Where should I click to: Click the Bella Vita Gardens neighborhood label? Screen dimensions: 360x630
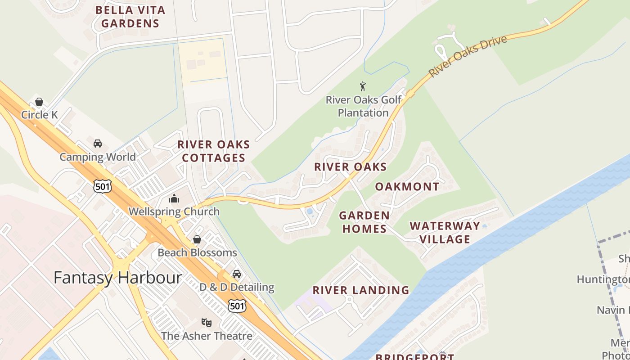click(x=130, y=17)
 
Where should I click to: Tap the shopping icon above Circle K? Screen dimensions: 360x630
click(x=39, y=102)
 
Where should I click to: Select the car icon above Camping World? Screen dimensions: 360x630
click(x=97, y=144)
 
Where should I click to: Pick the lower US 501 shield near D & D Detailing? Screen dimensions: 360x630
click(x=237, y=306)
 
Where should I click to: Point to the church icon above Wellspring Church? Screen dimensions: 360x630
click(x=174, y=198)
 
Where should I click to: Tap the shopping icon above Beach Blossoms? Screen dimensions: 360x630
click(x=197, y=239)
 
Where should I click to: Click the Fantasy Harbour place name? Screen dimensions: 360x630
click(x=117, y=277)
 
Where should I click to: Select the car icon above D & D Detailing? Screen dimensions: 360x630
click(x=237, y=274)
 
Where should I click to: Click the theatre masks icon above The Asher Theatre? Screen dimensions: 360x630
click(x=207, y=322)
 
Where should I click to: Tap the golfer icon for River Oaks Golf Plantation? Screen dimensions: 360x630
click(x=363, y=86)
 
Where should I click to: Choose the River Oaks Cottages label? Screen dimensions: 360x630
click(x=213, y=151)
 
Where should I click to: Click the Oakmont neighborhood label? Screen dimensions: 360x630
click(x=407, y=187)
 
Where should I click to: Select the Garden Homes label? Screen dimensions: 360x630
click(x=364, y=222)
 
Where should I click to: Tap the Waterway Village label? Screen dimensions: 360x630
click(x=445, y=233)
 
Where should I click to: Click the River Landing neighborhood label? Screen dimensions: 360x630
click(x=361, y=290)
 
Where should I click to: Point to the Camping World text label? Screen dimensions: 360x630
click(x=98, y=157)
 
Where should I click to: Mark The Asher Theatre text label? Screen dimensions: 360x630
click(x=207, y=336)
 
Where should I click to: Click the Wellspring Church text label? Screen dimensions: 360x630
click(x=174, y=211)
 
